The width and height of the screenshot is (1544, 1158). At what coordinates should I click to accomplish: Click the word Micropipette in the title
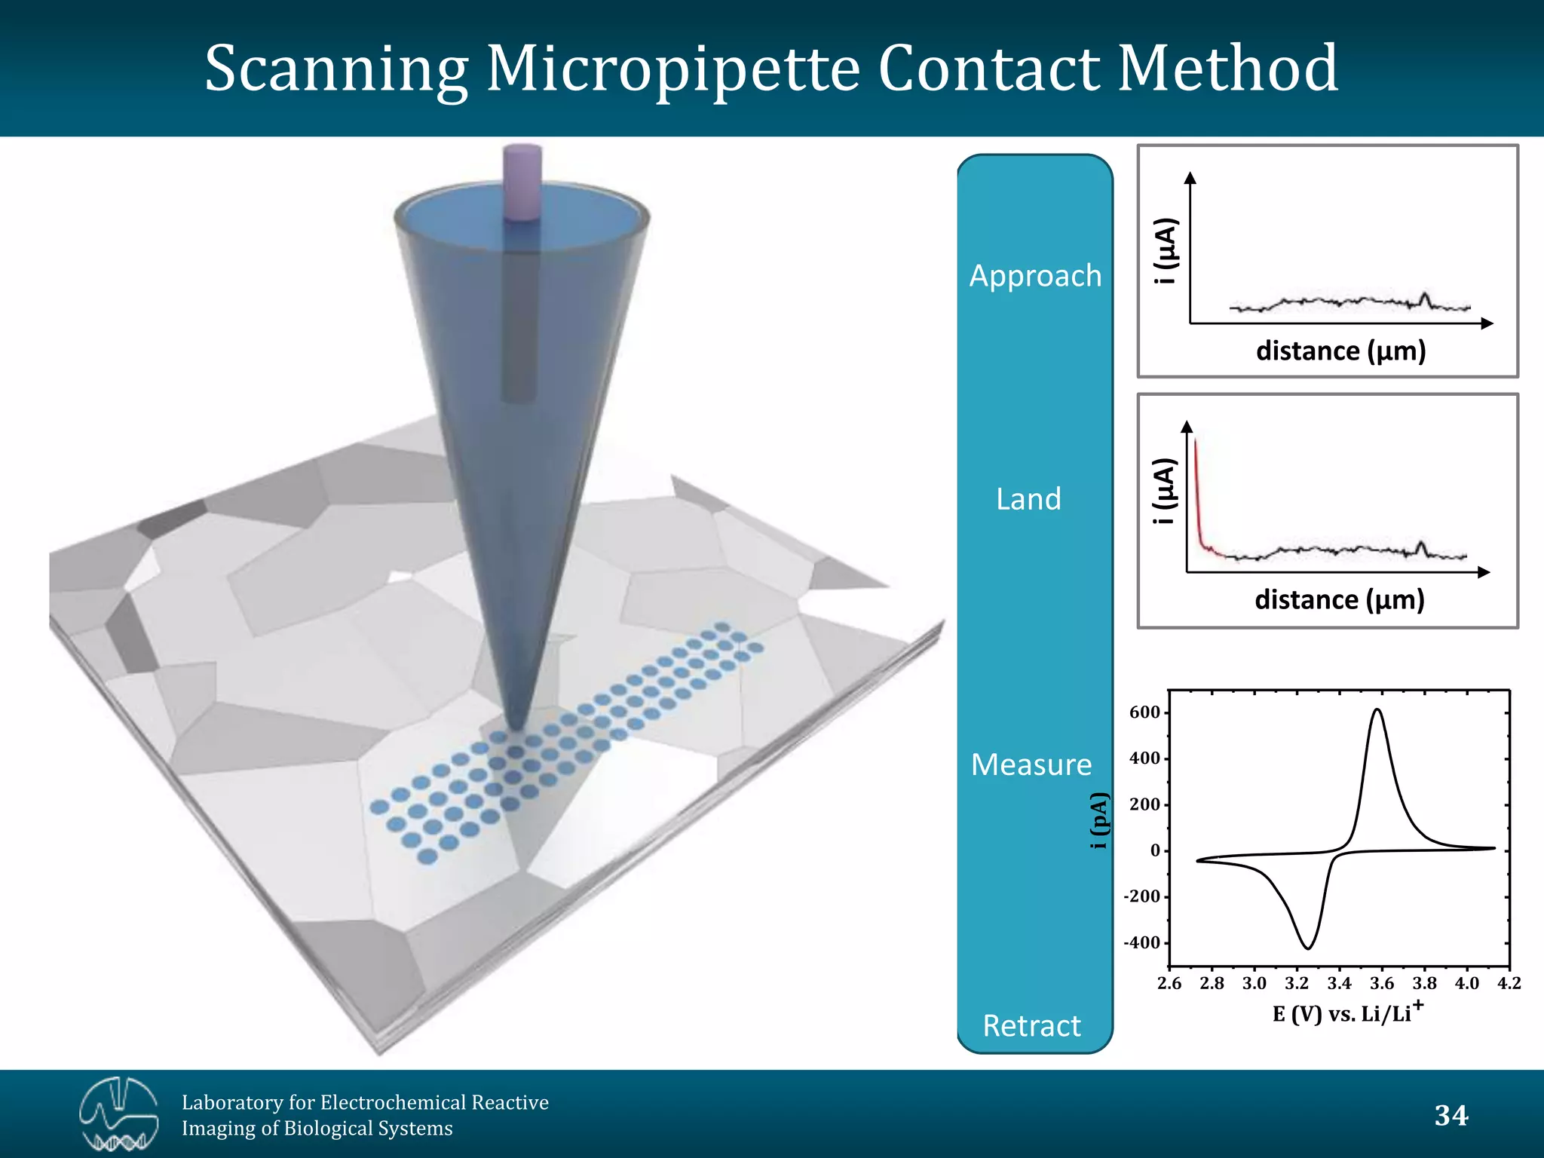click(673, 69)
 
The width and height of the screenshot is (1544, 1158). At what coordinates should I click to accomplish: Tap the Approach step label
click(1035, 276)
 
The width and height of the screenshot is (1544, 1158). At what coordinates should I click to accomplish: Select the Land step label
click(1028, 499)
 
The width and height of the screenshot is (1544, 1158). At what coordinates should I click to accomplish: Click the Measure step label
click(1031, 764)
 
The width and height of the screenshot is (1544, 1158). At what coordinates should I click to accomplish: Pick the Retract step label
click(1031, 1026)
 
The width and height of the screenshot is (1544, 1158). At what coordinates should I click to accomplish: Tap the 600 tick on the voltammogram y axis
click(1144, 712)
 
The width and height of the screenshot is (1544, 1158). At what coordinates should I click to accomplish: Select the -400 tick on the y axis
click(1141, 943)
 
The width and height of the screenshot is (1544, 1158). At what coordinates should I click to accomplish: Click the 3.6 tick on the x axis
click(1382, 983)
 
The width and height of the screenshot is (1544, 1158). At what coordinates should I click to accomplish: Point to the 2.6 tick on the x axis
click(1169, 983)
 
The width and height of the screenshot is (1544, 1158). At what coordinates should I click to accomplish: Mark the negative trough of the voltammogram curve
click(1308, 948)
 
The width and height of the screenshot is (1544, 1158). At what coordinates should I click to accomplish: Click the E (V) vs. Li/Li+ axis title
click(1347, 1012)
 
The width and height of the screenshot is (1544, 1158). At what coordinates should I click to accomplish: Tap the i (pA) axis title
click(1100, 821)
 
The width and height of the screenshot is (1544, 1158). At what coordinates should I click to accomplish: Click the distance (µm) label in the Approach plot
click(1340, 351)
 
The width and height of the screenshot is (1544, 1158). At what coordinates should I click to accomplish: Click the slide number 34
click(1451, 1116)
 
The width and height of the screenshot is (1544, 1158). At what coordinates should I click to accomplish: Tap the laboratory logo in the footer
click(119, 1114)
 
